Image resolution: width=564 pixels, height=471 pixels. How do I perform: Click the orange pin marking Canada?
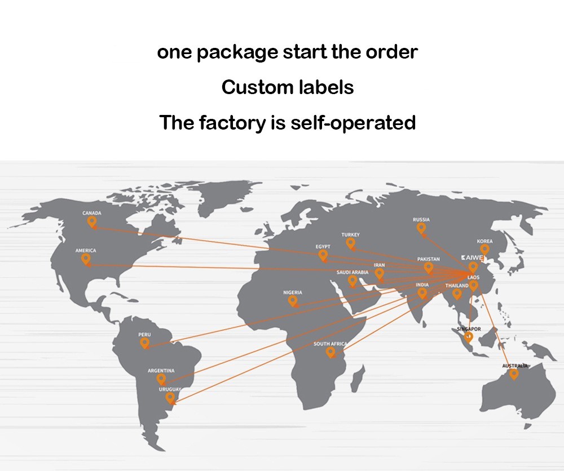pos(92,222)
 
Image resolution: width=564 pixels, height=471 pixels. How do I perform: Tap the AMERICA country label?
pos(86,250)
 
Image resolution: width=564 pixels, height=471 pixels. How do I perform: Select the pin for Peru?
pos(144,343)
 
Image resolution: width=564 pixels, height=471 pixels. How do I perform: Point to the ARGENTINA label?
pos(161,371)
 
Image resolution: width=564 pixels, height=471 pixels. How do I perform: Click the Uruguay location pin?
pos(170,398)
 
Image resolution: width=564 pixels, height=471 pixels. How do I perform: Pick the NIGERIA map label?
pos(293,292)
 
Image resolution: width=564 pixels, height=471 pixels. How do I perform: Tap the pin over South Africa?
pos(331,352)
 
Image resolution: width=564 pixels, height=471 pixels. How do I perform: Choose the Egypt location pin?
pos(323,255)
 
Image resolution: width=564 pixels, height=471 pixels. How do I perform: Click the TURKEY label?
pos(350,235)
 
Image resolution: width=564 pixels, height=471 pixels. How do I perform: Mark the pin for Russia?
pos(421,228)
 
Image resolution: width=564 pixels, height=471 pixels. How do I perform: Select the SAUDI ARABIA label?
pos(352,273)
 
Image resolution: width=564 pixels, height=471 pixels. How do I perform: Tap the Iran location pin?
pos(380,273)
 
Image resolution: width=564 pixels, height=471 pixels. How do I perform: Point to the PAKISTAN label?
pos(429,259)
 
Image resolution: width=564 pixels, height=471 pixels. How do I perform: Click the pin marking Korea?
pos(484,249)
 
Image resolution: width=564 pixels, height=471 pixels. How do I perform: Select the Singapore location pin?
pos(468,337)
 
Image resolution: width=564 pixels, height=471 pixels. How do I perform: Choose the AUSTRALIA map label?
pos(515,366)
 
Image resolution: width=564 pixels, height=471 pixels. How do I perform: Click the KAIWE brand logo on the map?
pos(472,257)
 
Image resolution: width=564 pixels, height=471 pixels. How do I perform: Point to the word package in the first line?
pos(233,52)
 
